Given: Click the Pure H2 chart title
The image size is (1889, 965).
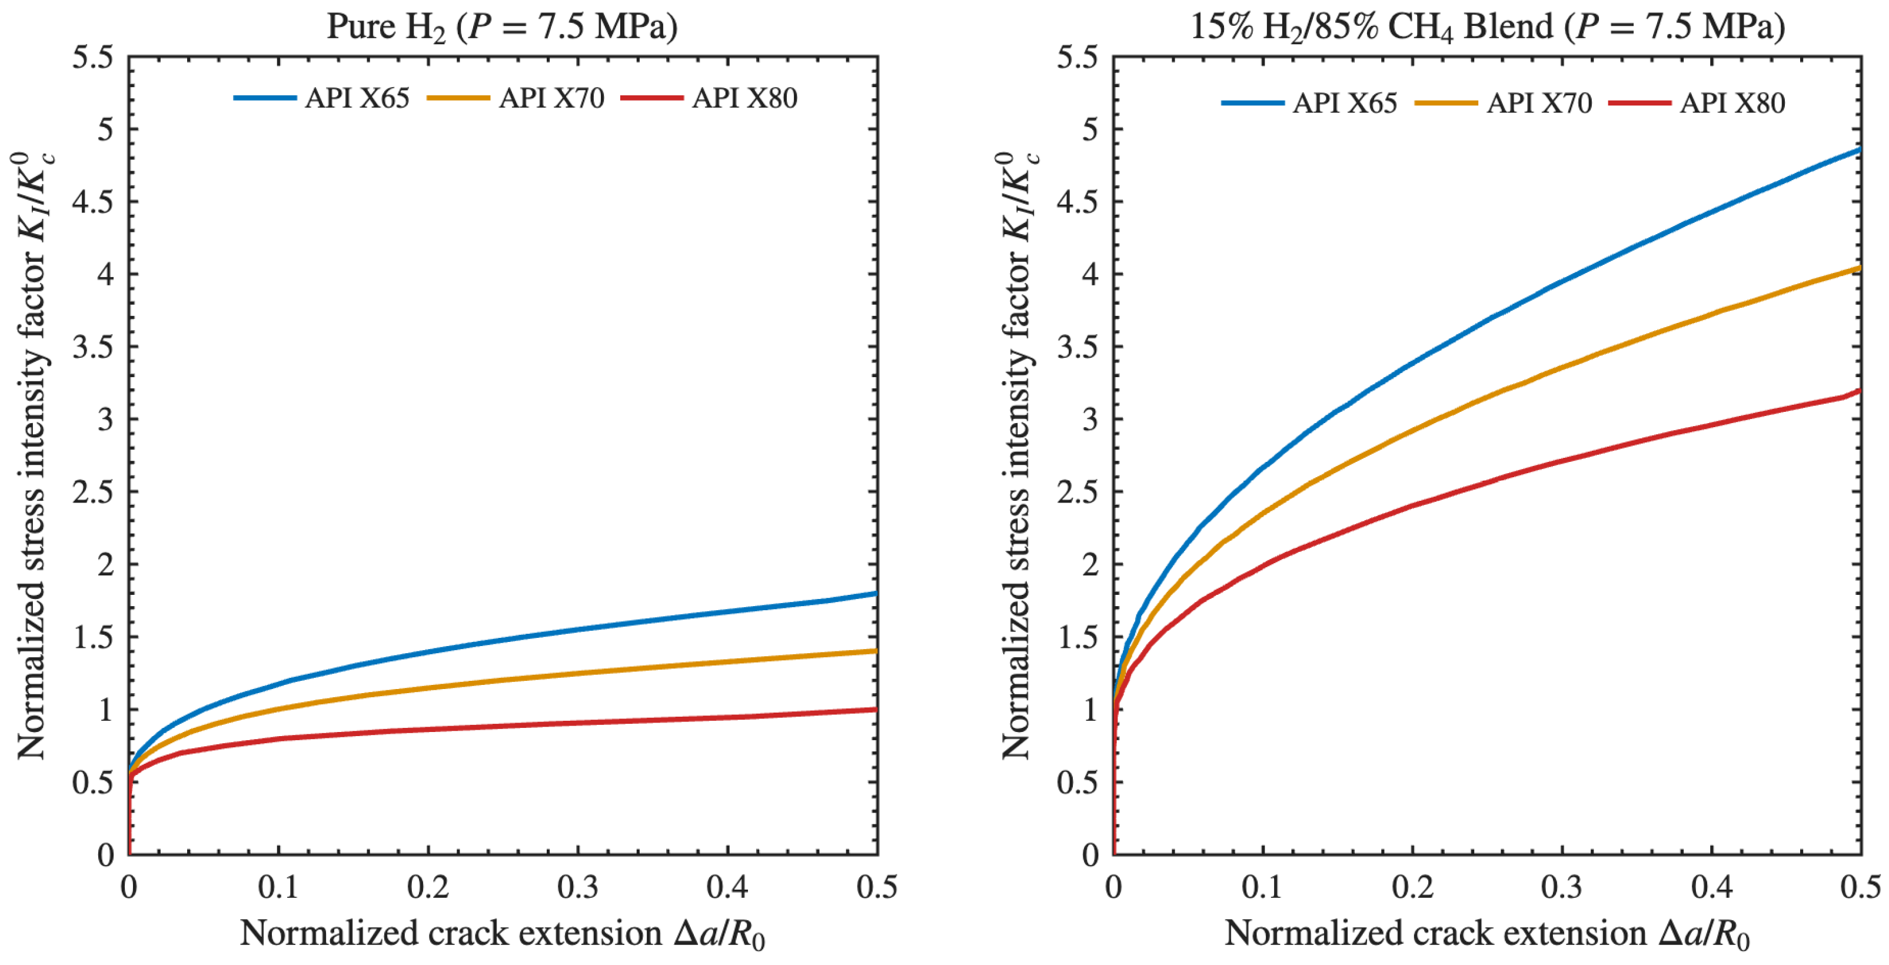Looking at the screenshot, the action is point(503,27).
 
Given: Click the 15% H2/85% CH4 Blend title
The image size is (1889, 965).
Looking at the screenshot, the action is point(1487,27).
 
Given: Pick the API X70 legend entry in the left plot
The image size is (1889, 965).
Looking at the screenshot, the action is point(516,98).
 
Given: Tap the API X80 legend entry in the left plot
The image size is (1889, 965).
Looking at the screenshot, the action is point(709,98).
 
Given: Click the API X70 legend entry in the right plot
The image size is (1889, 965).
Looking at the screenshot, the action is point(1504,102).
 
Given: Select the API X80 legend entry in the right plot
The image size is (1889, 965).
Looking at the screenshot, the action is point(1697,102).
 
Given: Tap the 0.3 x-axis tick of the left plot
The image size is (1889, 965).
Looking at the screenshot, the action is point(578,887).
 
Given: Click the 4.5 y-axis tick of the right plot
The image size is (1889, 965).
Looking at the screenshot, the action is point(1078,202).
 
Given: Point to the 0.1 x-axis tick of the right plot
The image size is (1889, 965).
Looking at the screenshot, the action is point(1263,887).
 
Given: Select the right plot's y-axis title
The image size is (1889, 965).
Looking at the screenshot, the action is point(1018,455).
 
